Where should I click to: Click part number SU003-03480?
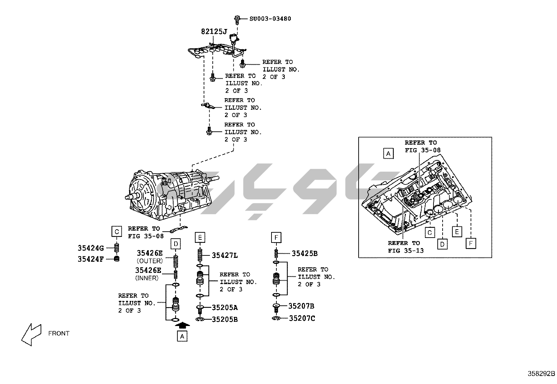(x=270, y=19)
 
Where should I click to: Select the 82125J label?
(x=214, y=32)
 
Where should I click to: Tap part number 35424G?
(x=91, y=248)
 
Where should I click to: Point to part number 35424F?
(x=91, y=259)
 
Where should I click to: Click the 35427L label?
(x=225, y=255)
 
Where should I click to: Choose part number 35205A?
(x=225, y=308)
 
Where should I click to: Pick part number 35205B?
(x=225, y=319)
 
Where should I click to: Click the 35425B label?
(x=304, y=254)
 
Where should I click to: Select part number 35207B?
(x=301, y=306)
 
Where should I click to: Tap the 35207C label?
(x=302, y=318)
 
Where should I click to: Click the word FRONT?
(x=59, y=333)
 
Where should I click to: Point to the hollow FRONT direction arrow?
(x=31, y=334)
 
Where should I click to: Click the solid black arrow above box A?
(x=182, y=325)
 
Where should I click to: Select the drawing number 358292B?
(x=541, y=373)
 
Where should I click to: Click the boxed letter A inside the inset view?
(x=388, y=153)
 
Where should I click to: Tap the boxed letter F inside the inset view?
(x=471, y=243)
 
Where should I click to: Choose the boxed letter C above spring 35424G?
(x=117, y=231)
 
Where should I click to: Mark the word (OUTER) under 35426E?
(x=150, y=261)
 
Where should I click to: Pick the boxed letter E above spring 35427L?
(x=200, y=238)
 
